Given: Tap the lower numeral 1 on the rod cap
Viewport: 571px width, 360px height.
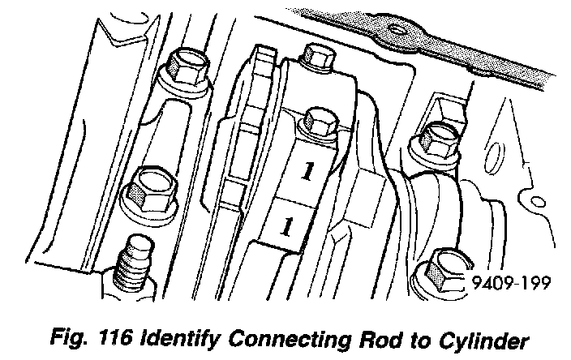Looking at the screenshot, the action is click(x=285, y=226).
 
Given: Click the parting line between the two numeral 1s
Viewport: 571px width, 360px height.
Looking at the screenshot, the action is click(x=296, y=197).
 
